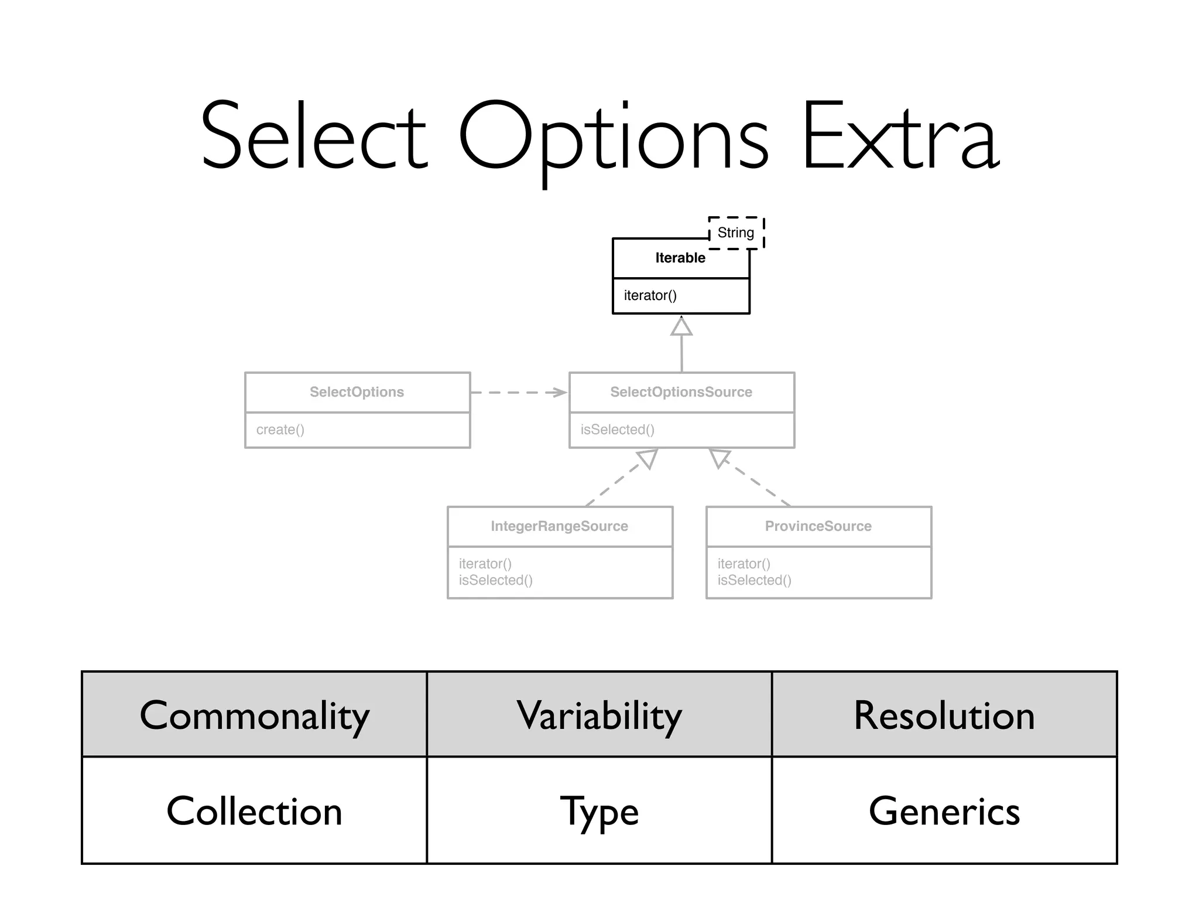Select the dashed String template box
(736, 233)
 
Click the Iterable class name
(680, 258)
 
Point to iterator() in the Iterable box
(650, 295)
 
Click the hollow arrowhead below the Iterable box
(681, 326)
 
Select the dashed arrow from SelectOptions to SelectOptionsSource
(518, 392)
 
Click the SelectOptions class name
(357, 392)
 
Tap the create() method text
(280, 429)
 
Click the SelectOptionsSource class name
(681, 392)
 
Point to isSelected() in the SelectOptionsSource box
(617, 429)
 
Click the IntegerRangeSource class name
(559, 526)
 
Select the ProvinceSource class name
(818, 526)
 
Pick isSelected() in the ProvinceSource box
(754, 580)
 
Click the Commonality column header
(254, 715)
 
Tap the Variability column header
(599, 715)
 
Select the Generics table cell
(944, 811)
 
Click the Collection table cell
(254, 811)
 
